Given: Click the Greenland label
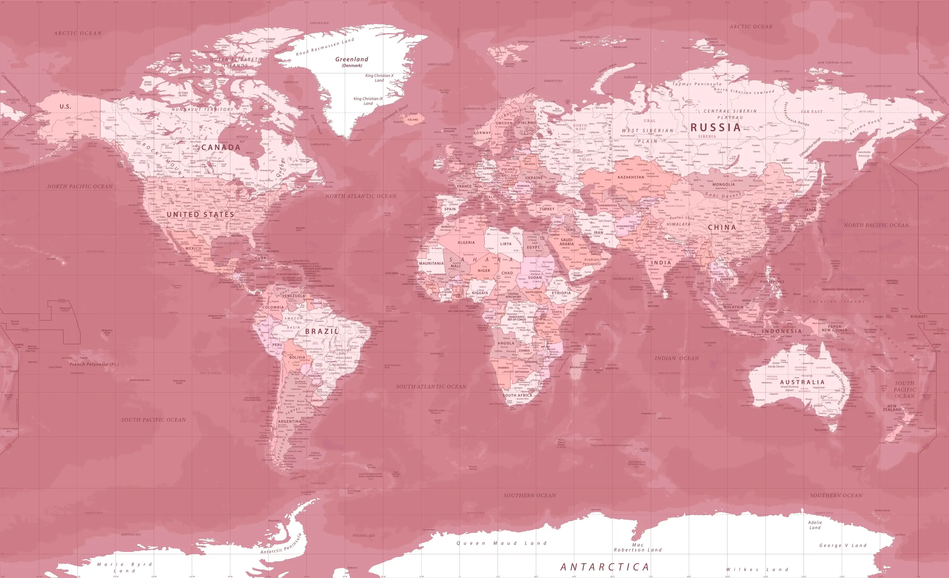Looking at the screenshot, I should (352, 59).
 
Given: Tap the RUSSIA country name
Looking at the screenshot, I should (716, 128).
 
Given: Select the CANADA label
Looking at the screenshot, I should (221, 147).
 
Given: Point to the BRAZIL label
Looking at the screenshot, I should (322, 331).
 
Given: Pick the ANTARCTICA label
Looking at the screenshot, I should (605, 567).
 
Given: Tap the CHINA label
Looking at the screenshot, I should (722, 227).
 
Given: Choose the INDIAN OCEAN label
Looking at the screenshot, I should (677, 358).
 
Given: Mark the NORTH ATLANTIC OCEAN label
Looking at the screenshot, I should (361, 196).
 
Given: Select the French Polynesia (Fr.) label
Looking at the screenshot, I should (94, 364).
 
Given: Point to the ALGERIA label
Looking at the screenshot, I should (466, 243).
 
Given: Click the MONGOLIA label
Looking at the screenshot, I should (723, 185).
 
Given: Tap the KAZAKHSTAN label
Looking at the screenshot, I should (631, 178).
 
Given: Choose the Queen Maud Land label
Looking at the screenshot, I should (501, 543).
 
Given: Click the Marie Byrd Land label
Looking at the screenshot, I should (124, 567).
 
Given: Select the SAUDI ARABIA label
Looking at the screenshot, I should (567, 242).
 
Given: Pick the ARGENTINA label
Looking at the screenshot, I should (290, 422).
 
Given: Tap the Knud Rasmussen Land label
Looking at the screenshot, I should (325, 47).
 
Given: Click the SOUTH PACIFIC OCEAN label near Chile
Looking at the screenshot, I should (154, 420).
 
